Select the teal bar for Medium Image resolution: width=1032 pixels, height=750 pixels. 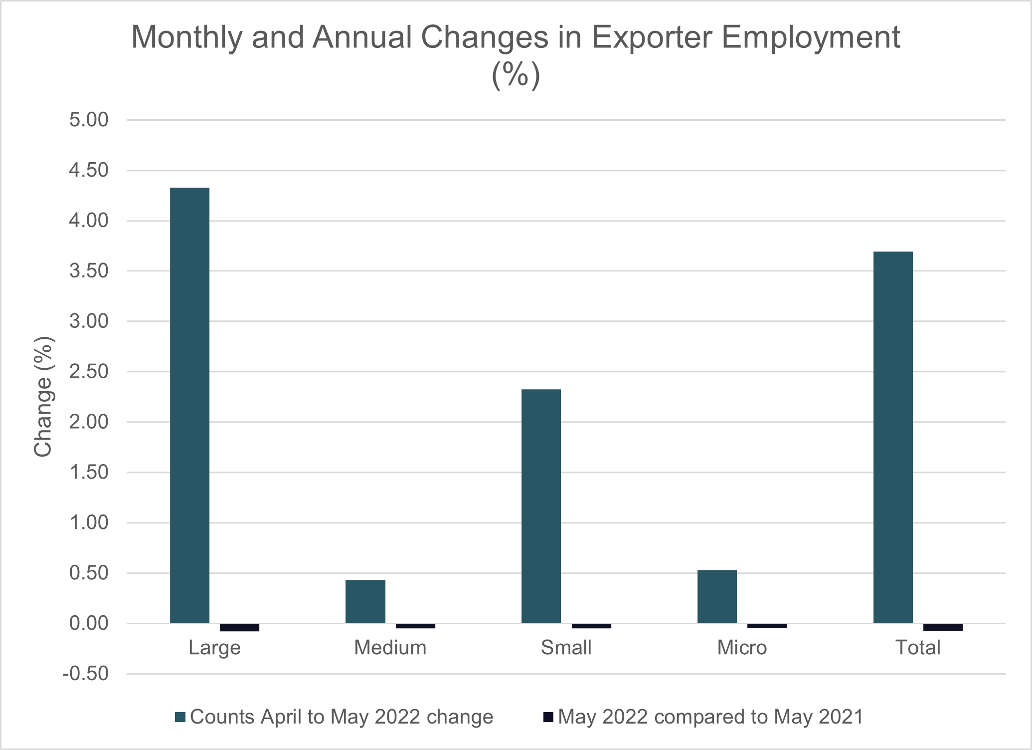365,601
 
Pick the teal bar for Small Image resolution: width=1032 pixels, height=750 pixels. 541,506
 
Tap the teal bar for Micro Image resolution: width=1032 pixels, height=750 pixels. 717,596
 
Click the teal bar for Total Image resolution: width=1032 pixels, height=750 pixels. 893,437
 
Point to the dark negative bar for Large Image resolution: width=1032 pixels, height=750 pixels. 239,628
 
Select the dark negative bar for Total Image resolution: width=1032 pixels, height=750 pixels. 943,627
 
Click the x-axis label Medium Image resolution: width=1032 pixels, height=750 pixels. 390,648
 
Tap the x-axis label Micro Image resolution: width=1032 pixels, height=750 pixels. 742,648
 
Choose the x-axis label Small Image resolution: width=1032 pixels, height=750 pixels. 566,648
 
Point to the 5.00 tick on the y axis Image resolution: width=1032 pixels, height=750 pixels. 89,120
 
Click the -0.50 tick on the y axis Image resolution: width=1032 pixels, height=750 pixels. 85,674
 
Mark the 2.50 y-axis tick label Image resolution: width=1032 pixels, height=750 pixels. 89,372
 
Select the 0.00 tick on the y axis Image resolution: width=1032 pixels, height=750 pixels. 89,623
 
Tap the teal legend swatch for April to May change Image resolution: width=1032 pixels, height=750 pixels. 180,718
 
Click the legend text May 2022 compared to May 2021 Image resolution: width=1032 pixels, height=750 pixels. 710,717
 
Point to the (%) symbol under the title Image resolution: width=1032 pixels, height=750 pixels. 516,75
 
